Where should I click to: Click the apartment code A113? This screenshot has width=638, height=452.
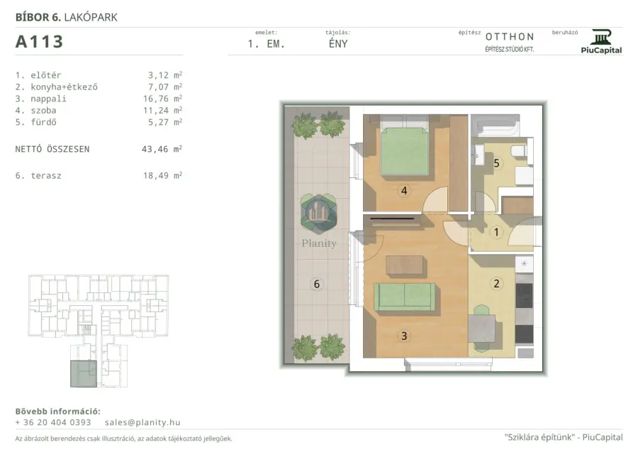[x=39, y=42]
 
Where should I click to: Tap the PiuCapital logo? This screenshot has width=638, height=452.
[x=601, y=42]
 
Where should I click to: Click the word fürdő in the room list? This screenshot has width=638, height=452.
[x=43, y=122]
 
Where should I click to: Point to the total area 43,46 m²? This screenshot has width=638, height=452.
[x=162, y=149]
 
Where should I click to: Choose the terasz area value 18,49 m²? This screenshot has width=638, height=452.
[x=162, y=175]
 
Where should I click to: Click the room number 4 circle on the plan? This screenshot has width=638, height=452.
[x=404, y=190]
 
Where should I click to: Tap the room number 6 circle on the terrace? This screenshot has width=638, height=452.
[x=317, y=284]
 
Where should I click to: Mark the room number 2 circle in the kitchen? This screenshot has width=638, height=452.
[x=496, y=283]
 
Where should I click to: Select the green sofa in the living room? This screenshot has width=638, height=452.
[x=405, y=297]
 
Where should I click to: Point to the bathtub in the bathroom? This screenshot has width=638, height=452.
[x=496, y=126]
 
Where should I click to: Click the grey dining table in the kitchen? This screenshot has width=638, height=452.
[x=482, y=329]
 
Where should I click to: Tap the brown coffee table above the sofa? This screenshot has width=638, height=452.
[x=405, y=266]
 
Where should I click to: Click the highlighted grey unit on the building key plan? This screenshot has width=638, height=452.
[x=84, y=373]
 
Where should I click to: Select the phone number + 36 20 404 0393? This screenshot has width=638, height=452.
[x=53, y=422]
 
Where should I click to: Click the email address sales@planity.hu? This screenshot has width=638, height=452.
[x=142, y=422]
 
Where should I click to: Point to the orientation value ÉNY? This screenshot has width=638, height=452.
[x=338, y=43]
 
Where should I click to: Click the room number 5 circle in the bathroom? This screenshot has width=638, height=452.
[x=496, y=163]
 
